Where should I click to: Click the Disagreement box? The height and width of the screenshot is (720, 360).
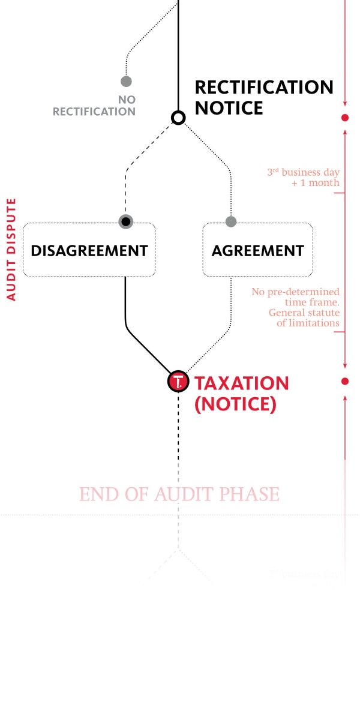coord(89,250)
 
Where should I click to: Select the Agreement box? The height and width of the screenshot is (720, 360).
coord(257,250)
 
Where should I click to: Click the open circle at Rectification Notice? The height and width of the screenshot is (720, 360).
coord(178,118)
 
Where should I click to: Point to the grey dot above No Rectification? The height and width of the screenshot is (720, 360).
coord(126,81)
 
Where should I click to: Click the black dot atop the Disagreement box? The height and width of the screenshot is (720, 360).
coord(125,222)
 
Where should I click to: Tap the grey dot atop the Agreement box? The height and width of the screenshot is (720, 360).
coord(231,222)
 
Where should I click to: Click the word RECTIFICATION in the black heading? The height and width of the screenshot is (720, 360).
coord(264,87)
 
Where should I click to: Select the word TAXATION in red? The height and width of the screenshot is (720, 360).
coord(242,383)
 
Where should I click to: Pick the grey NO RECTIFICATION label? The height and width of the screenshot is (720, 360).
coord(95,106)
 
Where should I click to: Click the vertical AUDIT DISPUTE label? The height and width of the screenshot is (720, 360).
coord(11,249)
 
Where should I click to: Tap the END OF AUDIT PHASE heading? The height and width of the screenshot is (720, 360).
coord(179,494)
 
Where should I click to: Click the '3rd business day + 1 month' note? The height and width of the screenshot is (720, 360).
coord(304,178)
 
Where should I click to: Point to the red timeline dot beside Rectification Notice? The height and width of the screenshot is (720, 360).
coord(345,118)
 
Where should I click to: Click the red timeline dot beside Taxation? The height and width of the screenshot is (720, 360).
coord(345,382)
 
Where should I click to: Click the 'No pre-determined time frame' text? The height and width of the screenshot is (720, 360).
coord(296,297)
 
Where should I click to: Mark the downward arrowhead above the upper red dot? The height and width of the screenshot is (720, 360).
coord(345,103)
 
